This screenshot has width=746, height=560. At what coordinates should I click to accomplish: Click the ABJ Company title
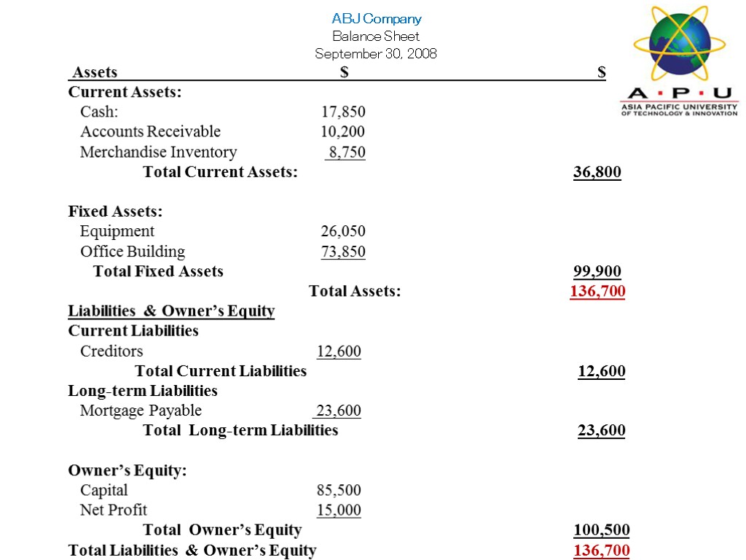click(x=376, y=19)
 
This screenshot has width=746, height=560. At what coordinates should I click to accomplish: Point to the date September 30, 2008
click(x=376, y=53)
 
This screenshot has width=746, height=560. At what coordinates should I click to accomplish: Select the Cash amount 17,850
click(x=344, y=112)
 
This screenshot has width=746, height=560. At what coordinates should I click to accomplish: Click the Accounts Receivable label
click(x=150, y=132)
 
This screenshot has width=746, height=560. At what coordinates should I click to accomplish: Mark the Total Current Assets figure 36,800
click(x=597, y=172)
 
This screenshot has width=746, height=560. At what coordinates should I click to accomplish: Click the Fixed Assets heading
click(x=115, y=211)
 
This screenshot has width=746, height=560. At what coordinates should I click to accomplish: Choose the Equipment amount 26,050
click(x=343, y=232)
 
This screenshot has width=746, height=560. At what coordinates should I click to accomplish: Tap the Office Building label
click(x=133, y=252)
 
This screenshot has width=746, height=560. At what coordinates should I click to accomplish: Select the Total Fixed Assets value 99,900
click(x=597, y=272)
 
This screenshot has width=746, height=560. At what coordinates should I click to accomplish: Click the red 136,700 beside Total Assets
click(x=597, y=292)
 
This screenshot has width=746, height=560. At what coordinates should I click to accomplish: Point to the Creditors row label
click(x=111, y=351)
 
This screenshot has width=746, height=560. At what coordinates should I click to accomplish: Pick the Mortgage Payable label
click(x=141, y=411)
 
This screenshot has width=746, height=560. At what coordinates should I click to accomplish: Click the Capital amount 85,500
click(x=339, y=490)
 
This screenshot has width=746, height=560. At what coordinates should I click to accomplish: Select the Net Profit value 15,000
click(x=339, y=510)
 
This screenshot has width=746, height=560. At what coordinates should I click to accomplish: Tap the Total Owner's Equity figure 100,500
click(x=602, y=530)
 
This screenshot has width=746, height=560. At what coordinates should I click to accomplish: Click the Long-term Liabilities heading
click(x=143, y=391)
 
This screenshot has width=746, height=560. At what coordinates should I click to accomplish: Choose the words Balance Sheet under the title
click(x=376, y=36)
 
